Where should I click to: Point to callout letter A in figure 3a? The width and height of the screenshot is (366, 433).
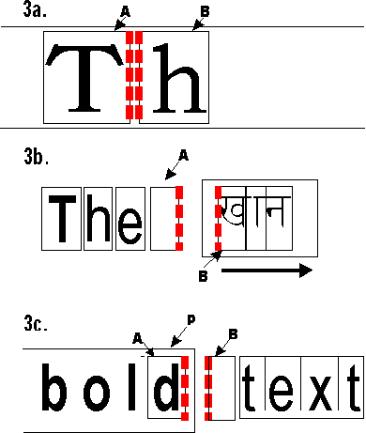tap(124, 10)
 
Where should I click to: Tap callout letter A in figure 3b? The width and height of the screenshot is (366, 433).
tap(183, 153)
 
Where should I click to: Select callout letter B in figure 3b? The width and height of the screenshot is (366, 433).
tap(202, 275)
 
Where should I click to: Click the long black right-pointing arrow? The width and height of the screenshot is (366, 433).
tap(267, 271)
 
